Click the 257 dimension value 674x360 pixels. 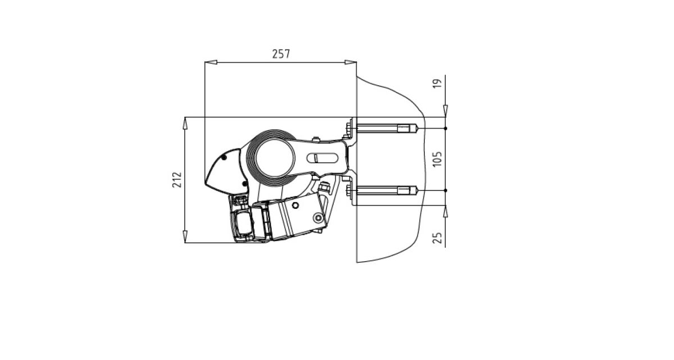click(281, 54)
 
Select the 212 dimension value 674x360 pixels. click(177, 180)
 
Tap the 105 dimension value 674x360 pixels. click(437, 159)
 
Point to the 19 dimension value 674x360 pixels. click(437, 83)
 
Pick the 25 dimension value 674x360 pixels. click(437, 238)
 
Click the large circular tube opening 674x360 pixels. click(275, 158)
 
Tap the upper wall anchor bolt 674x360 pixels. click(382, 129)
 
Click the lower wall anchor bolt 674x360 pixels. click(382, 190)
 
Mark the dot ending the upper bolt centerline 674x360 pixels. click(445, 129)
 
